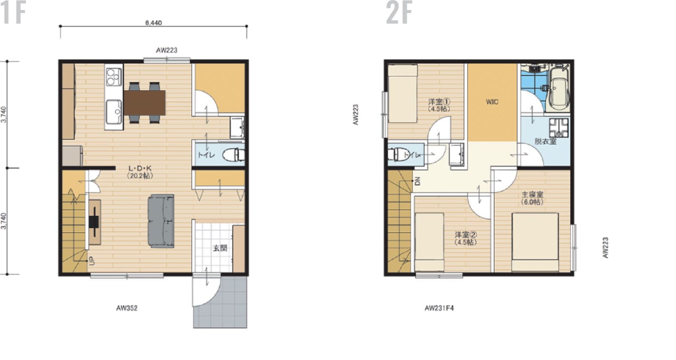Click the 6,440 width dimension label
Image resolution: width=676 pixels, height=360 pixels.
153,22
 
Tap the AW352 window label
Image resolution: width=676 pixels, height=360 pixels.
127,308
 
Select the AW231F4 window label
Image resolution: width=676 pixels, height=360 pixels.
439,308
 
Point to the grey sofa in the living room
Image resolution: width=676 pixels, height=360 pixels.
161,221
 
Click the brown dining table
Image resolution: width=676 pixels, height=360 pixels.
145,102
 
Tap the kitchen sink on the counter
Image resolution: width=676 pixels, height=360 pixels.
114,111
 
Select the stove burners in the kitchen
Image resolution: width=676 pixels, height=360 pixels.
114,76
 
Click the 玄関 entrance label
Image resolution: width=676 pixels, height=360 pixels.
220,248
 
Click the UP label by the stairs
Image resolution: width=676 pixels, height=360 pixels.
91,260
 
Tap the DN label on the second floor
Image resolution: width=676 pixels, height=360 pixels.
417,181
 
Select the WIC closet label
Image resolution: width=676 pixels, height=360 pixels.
492,102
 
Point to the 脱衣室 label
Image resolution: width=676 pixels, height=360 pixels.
545,141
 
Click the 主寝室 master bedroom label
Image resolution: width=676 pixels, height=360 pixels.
533,195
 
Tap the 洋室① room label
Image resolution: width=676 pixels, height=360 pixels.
439,102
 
